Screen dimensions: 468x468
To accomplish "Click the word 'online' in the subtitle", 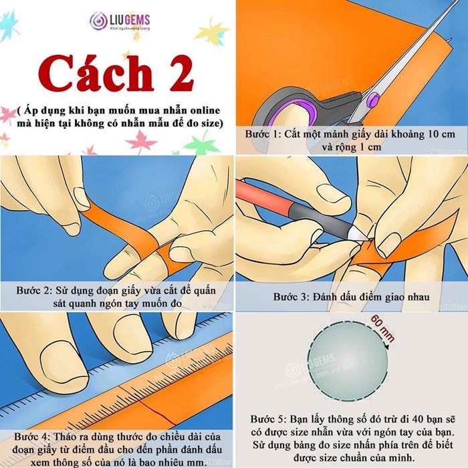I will pyautogui.click(x=201, y=109).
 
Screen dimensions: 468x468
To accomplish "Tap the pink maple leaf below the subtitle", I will pyautogui.click(x=141, y=141).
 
